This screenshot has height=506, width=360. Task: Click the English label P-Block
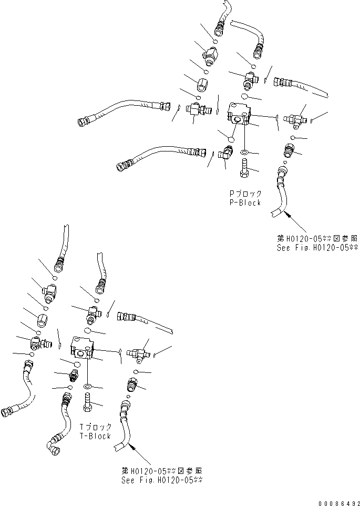242,203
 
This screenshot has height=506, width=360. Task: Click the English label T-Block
95,436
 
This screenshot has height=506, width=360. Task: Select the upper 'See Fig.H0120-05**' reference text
317,247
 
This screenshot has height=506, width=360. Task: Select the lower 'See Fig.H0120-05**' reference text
161,480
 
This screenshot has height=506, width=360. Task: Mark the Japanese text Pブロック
242,194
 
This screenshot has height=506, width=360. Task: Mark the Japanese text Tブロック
95,427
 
